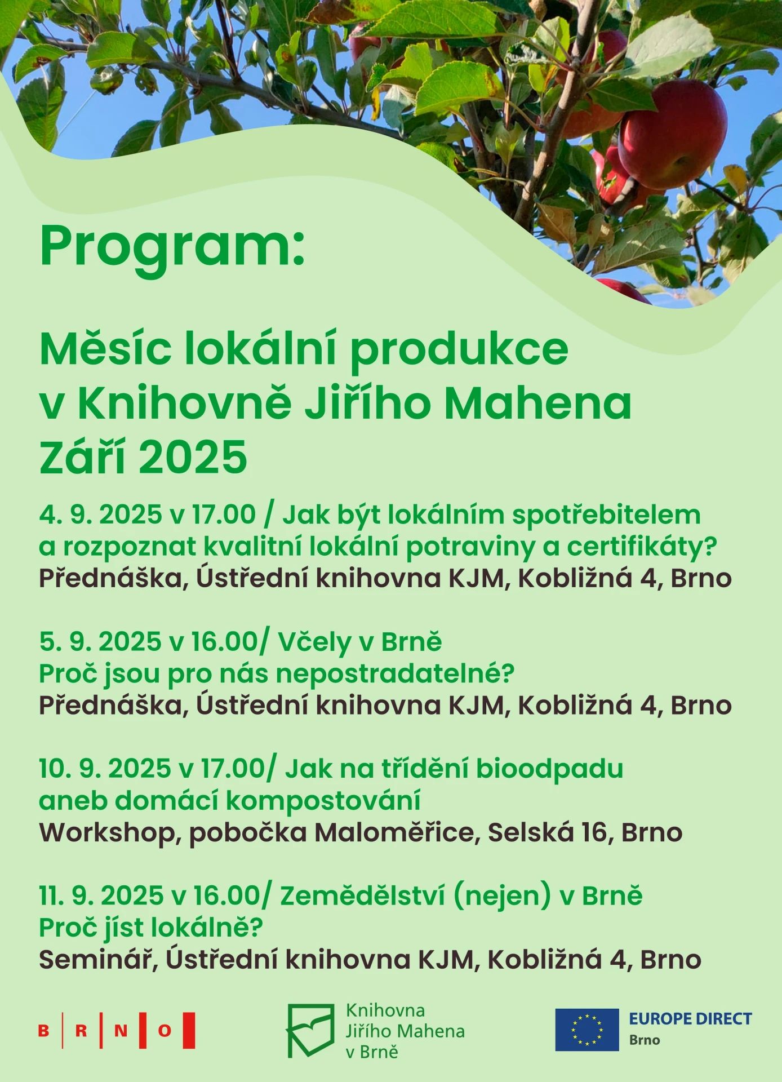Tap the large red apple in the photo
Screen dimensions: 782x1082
pyautogui.click(x=672, y=135)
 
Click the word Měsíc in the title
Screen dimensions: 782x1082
pyautogui.click(x=105, y=349)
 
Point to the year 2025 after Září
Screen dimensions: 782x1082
pyautogui.click(x=193, y=457)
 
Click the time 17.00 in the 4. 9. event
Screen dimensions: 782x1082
pyautogui.click(x=224, y=515)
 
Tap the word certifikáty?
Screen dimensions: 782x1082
pyautogui.click(x=642, y=547)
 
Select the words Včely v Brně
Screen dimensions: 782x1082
pyautogui.click(x=360, y=642)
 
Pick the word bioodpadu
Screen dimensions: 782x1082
pyautogui.click(x=549, y=769)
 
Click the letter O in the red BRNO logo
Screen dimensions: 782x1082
pyautogui.click(x=165, y=1031)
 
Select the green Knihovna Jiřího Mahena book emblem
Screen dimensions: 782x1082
pyautogui.click(x=310, y=1030)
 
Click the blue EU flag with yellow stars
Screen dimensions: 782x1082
pyautogui.click(x=587, y=1030)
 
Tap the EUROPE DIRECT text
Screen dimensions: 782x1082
pyautogui.click(x=690, y=1019)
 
